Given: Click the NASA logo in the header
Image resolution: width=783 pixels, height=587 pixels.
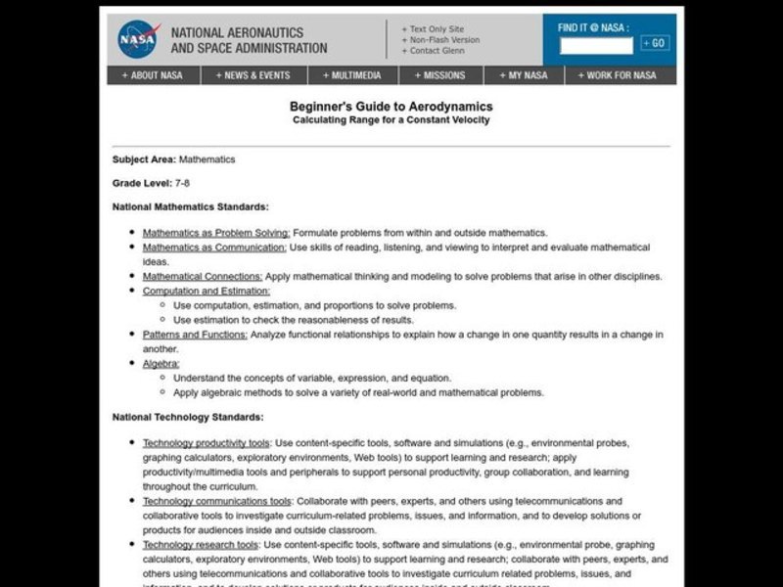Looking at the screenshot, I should pyautogui.click(x=137, y=40).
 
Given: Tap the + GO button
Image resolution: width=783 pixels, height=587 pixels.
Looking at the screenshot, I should pyautogui.click(x=654, y=43).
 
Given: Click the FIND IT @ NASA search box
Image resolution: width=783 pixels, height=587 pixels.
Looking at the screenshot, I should pyautogui.click(x=596, y=44).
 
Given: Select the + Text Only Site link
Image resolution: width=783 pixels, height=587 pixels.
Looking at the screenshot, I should pyautogui.click(x=432, y=28).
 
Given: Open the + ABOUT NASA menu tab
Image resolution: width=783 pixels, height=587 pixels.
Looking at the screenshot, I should pyautogui.click(x=152, y=75).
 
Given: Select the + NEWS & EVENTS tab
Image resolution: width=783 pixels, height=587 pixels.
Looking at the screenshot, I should pyautogui.click(x=254, y=75).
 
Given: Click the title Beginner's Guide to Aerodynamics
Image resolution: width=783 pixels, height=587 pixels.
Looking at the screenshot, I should pyautogui.click(x=391, y=107).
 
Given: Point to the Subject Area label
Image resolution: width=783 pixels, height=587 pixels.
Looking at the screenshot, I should pyautogui.click(x=143, y=159).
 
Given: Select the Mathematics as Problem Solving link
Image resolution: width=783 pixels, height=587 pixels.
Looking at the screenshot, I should pyautogui.click(x=216, y=233).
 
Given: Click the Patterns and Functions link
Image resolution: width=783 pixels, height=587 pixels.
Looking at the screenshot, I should pyautogui.click(x=195, y=335).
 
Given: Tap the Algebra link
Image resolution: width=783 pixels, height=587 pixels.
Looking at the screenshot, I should pyautogui.click(x=161, y=363).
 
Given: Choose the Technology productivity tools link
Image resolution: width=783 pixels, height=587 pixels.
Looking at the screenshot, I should pyautogui.click(x=207, y=443).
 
